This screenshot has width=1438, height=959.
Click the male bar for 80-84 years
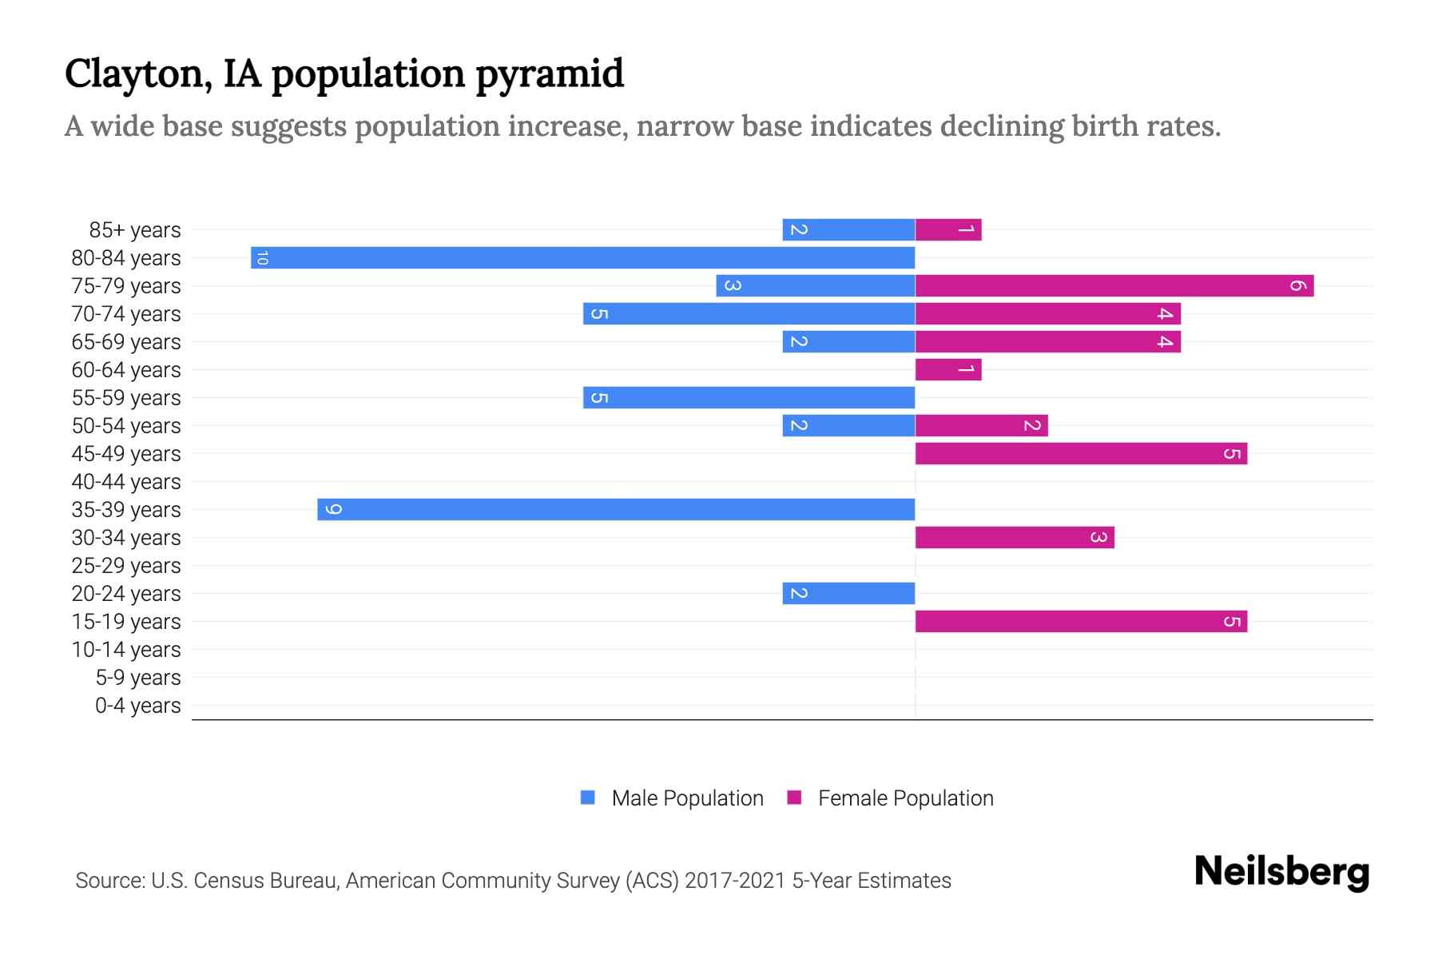(583, 257)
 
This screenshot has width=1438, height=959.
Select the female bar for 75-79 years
(1114, 285)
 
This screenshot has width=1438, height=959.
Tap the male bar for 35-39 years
(616, 509)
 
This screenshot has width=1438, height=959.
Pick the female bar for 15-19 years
(1081, 621)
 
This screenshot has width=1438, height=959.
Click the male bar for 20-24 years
(848, 593)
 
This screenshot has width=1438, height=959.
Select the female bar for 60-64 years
(948, 369)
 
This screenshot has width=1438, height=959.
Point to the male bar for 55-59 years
(749, 397)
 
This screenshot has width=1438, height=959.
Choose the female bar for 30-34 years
(1015, 537)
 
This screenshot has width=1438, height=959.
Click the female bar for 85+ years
(948, 229)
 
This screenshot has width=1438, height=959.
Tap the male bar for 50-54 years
(848, 425)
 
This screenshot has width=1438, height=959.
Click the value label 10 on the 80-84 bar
(262, 257)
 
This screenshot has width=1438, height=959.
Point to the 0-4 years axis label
(137, 706)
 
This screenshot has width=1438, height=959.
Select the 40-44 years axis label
(126, 482)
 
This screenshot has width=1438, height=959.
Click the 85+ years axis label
(134, 230)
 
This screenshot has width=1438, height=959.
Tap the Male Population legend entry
(687, 798)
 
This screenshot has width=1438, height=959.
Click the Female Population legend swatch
(794, 798)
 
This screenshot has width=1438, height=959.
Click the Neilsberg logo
(1281, 872)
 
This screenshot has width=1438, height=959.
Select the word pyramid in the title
(550, 74)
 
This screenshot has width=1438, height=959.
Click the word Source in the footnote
(109, 881)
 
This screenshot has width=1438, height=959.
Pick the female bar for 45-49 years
(1081, 453)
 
